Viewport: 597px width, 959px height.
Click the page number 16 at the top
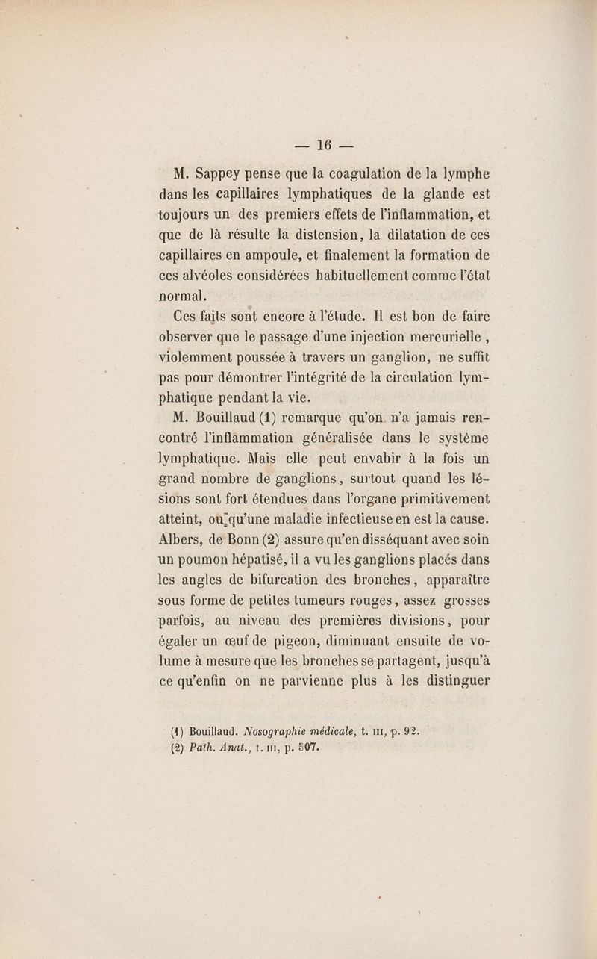point(322,145)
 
